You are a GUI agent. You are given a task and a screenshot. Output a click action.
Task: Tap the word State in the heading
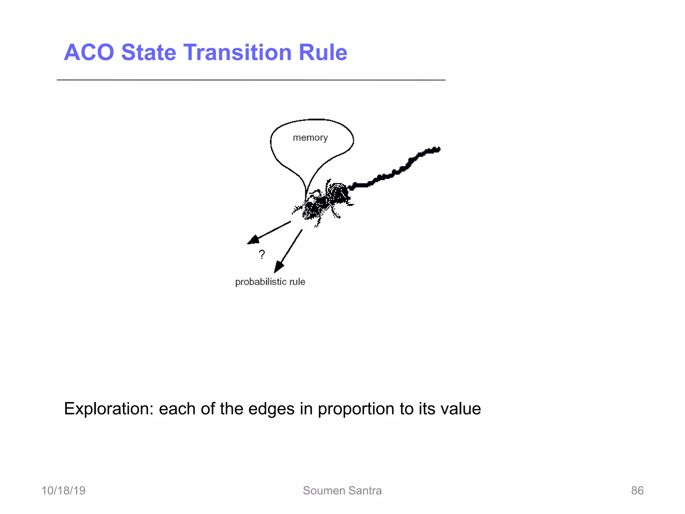coord(149,53)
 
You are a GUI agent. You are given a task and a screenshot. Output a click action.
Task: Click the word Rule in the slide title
coord(323,53)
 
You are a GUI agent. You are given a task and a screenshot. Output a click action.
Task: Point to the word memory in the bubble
coord(310,138)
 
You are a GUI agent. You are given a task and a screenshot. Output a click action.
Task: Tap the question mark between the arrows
coord(262,255)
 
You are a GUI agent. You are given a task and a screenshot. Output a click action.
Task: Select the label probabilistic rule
coord(270,282)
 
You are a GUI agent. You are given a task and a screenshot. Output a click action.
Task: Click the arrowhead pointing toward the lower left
coord(253,240)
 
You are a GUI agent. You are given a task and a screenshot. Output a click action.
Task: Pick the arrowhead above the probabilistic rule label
coord(278,267)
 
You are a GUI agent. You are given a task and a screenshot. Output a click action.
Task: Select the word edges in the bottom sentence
coord(267,409)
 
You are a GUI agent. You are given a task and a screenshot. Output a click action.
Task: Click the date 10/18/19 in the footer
coord(63,491)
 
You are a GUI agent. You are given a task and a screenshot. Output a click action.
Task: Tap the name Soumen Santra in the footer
coord(342,491)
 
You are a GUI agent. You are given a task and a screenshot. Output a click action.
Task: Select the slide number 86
coord(637,491)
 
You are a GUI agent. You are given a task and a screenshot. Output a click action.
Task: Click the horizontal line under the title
coord(251,80)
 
